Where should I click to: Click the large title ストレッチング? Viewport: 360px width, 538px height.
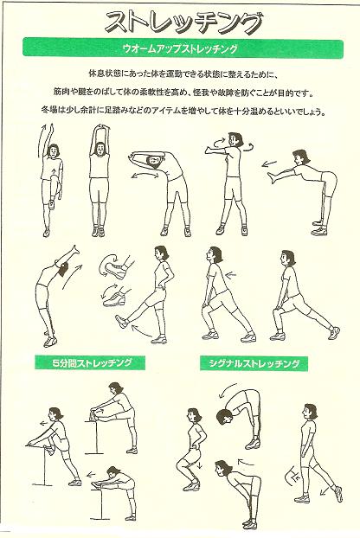point(183,22)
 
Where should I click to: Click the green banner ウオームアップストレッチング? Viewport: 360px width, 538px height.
point(183,48)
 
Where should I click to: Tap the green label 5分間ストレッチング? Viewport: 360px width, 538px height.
point(90,363)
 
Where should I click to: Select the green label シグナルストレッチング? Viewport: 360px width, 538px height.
point(254,363)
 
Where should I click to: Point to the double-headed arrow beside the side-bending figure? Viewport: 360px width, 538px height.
point(145,176)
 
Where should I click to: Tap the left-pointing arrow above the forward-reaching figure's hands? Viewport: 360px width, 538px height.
point(269,163)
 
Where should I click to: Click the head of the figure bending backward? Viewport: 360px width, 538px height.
point(64,269)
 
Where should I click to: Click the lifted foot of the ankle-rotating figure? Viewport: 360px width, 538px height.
point(121,322)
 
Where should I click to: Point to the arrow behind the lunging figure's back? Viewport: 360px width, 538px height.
point(231,275)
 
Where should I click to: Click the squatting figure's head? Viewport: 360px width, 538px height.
point(194,417)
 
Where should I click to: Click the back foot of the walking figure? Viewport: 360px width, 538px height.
point(338,493)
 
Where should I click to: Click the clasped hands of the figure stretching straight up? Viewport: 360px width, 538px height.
point(101,130)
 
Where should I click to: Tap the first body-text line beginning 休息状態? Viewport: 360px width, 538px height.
point(183,74)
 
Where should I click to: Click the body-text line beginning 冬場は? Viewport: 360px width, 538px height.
point(183,111)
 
